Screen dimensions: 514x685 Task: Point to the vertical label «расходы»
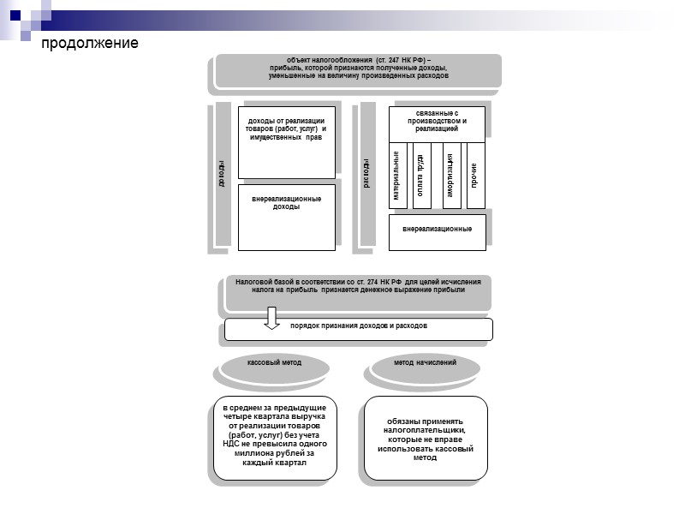367,176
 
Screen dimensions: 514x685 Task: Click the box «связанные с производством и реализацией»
437,123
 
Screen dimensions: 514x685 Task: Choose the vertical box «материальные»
397,175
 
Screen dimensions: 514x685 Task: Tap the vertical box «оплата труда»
421,175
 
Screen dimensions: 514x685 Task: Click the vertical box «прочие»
475,175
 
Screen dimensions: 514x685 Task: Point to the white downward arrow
271,318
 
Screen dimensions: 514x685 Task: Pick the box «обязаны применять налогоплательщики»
425,438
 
